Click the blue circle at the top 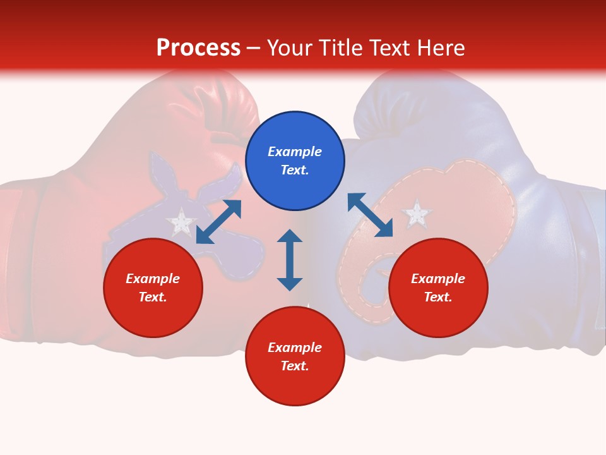click(x=295, y=161)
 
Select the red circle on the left click(x=153, y=288)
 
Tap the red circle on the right click(x=438, y=288)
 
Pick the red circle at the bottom click(x=295, y=356)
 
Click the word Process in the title click(x=198, y=48)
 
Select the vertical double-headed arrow click(x=290, y=260)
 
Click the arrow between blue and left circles click(x=219, y=221)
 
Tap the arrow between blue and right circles click(x=370, y=215)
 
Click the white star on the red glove click(x=181, y=222)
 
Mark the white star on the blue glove click(x=417, y=214)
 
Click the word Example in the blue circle click(x=295, y=152)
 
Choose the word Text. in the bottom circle click(x=295, y=366)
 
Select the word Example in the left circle click(x=153, y=279)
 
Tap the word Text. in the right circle click(x=438, y=297)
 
